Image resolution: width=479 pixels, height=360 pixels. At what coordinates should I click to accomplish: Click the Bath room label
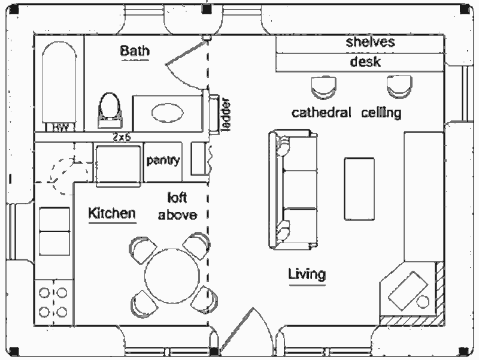point(135,51)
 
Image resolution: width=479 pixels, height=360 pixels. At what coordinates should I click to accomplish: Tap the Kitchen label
point(111,213)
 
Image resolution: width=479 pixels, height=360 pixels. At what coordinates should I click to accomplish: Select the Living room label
point(307,274)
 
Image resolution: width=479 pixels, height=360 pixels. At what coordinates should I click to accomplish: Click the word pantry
point(163,161)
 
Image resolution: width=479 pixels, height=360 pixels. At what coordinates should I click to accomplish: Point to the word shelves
point(370,42)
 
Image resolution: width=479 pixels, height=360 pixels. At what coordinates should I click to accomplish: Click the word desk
point(365,62)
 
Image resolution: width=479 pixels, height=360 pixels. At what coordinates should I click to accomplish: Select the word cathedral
point(321,113)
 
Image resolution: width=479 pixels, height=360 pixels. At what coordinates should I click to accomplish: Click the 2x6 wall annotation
point(122,137)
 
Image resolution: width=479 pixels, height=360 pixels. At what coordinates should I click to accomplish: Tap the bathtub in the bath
point(59,84)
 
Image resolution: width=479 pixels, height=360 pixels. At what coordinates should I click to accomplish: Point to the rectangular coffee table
point(359,189)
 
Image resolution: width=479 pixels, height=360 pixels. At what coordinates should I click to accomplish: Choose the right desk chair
point(399,87)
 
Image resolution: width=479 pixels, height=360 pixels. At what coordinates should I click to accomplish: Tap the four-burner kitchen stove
point(53,302)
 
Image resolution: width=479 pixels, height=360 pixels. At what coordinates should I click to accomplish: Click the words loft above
point(177,206)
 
